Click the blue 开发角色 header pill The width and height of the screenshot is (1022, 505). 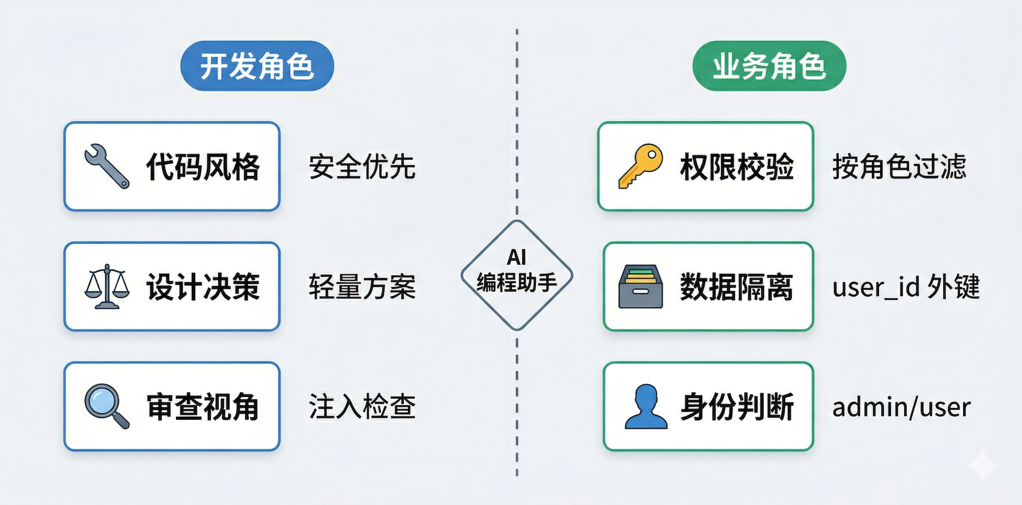tap(257, 66)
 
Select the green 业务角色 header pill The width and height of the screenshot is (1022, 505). tap(769, 66)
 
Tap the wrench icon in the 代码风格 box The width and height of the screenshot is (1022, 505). tap(107, 166)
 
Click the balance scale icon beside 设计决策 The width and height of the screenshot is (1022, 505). tap(107, 286)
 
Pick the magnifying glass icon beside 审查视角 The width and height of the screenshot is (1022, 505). tap(107, 406)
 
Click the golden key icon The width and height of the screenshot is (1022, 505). tap(641, 166)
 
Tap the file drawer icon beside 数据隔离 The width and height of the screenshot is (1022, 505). tap(641, 286)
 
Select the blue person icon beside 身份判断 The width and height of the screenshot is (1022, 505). tap(646, 407)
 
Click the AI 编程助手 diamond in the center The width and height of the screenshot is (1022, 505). tap(517, 275)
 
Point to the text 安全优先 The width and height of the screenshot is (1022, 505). tap(362, 167)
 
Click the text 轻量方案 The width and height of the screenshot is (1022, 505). tap(362, 287)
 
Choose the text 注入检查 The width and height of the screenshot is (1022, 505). tap(362, 407)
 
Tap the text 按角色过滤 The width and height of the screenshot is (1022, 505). tap(899, 167)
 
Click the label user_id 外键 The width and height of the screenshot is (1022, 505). tap(905, 287)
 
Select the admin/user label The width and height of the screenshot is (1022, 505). tap(901, 407)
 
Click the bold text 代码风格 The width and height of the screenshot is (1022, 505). tap(203, 167)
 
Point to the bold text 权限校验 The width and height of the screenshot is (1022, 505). tap(737, 167)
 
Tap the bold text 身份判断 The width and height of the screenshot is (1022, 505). tap(737, 407)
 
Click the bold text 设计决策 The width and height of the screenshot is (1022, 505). tap(203, 287)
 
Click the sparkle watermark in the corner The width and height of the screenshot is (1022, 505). tap(982, 465)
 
